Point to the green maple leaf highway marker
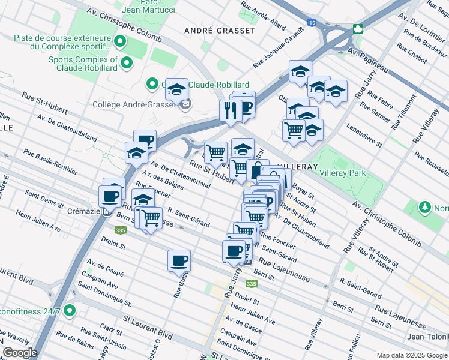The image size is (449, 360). pyautogui.click(x=358, y=29)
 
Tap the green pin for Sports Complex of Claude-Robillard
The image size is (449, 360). pyautogui.click(x=127, y=62)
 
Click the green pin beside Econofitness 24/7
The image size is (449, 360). pyautogui.click(x=70, y=311)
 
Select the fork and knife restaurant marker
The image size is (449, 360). pyautogui.click(x=230, y=109)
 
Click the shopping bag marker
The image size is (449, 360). pyautogui.click(x=257, y=169)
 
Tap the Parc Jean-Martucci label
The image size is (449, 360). pyautogui.click(x=140, y=6)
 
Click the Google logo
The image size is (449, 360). pyautogui.click(x=19, y=353)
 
